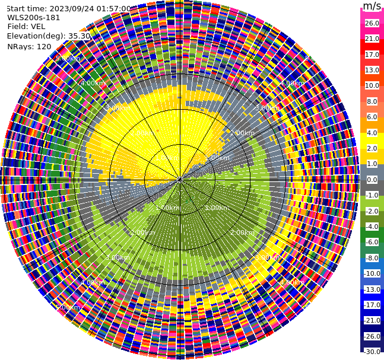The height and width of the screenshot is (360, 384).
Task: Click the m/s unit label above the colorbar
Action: (x=372, y=7)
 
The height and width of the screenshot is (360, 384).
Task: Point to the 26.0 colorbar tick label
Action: (x=372, y=23)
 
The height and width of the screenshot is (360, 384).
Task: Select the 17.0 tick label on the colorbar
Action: (x=372, y=55)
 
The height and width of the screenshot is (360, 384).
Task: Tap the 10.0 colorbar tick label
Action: (x=372, y=86)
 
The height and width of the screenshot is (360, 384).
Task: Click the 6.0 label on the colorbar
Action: (x=372, y=117)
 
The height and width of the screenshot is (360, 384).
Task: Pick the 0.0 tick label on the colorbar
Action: (x=372, y=180)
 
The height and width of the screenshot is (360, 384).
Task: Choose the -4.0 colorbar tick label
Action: (x=372, y=227)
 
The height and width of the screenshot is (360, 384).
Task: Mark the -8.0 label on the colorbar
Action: (x=372, y=258)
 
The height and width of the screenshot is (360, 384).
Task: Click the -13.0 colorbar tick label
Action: (x=372, y=289)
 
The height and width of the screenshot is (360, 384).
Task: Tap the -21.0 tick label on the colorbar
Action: (x=372, y=320)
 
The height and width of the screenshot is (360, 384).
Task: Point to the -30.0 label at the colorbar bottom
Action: (x=372, y=352)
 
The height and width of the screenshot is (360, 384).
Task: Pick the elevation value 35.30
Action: (x=79, y=36)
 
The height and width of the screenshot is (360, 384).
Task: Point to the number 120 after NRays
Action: (x=44, y=46)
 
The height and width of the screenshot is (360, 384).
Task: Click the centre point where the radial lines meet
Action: (x=180, y=179)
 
